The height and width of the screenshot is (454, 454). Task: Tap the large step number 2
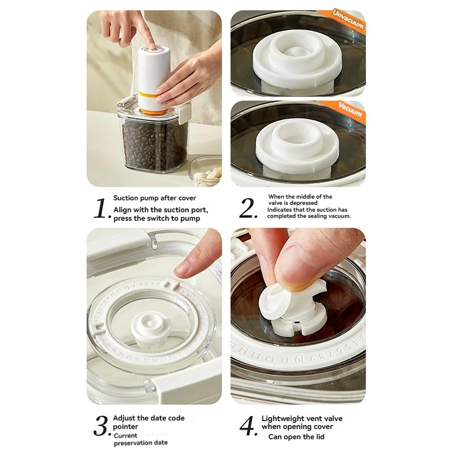pos(249,208)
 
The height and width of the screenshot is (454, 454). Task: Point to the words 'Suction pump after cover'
pos(154,198)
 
